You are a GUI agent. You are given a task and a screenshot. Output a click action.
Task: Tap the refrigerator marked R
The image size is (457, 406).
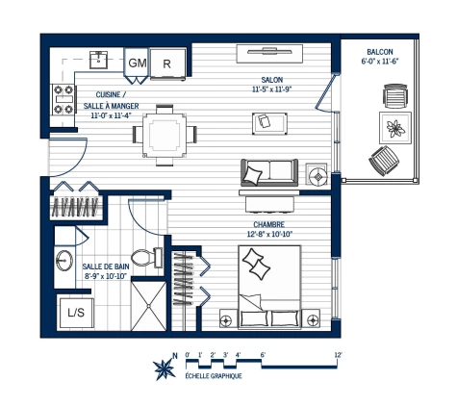click(167, 62)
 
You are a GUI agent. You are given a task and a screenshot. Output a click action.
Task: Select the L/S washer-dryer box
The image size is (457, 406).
click(74, 312)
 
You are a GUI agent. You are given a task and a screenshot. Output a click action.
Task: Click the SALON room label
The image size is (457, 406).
click(272, 81)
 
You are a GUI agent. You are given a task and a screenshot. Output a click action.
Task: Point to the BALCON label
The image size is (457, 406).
click(379, 52)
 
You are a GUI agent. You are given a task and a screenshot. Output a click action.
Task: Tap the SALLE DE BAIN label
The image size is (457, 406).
click(105, 266)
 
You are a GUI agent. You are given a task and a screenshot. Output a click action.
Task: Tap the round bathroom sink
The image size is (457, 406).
click(64, 261)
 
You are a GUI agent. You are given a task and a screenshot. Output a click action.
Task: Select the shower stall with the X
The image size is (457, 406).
click(149, 305)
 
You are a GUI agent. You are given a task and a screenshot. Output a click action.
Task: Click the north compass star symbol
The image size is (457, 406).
click(163, 367)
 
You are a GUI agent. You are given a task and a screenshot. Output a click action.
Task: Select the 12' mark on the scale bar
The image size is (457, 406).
click(338, 355)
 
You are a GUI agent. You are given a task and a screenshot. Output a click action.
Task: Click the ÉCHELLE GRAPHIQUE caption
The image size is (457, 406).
click(213, 376)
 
